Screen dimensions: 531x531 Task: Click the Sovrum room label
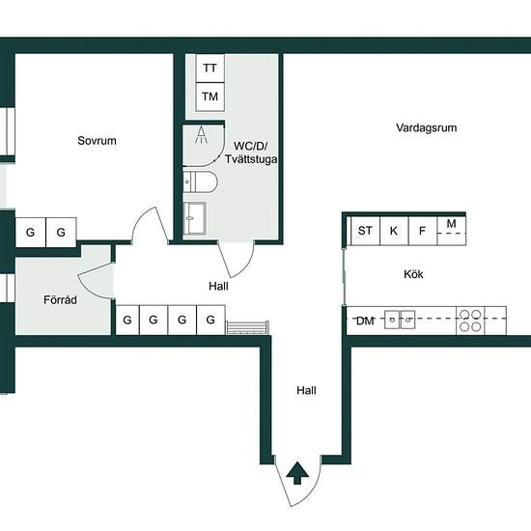(97, 141)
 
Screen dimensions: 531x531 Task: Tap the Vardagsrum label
(427, 127)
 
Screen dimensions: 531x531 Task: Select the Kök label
(413, 274)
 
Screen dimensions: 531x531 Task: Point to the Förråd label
(60, 299)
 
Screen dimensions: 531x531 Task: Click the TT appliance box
(210, 69)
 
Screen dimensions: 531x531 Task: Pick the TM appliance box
(210, 97)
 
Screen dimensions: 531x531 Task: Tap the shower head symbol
(201, 135)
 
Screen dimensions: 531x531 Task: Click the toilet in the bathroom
(200, 182)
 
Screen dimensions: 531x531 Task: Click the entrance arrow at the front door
(297, 472)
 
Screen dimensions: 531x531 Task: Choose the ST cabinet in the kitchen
(365, 231)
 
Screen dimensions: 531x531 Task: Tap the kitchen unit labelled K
(394, 231)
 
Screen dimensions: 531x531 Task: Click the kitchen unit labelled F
(423, 231)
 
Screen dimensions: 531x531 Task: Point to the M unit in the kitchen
(452, 231)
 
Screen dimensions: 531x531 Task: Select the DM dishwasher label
(365, 321)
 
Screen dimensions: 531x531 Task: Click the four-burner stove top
(470, 321)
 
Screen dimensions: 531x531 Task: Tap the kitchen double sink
(400, 320)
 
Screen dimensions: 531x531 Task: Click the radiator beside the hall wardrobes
(247, 328)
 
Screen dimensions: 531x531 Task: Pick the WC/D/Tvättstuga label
(251, 153)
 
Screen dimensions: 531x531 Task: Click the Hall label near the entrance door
(306, 390)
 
